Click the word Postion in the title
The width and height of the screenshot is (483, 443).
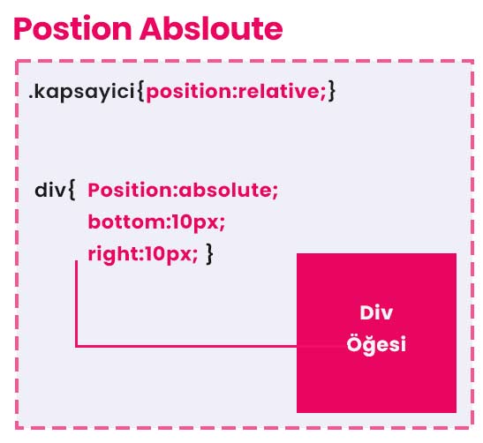72,28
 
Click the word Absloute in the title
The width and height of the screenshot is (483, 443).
211,28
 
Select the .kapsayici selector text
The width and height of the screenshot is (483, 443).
81,92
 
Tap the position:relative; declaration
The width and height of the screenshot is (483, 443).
236,92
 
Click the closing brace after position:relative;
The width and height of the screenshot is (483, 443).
331,91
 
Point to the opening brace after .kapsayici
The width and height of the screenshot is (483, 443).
140,91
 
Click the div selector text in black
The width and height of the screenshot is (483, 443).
50,190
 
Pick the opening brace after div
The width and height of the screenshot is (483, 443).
72,190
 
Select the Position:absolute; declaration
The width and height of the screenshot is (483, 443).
183,190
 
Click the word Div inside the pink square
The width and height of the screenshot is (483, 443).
376,313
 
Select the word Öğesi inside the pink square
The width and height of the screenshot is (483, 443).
376,343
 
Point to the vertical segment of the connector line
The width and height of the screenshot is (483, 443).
77,304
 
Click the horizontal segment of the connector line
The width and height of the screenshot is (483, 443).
186,346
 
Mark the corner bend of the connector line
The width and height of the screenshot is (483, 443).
77,346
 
